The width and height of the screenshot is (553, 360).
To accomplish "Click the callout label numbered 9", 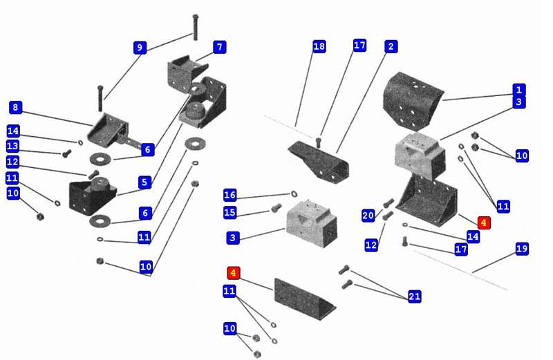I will tap(140, 48).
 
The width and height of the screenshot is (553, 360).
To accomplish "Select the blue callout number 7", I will tap(219, 47).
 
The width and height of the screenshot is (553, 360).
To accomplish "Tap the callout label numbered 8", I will tap(15, 108).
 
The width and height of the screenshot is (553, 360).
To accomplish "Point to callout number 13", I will tap(12, 146).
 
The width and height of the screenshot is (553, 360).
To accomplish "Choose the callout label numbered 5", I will tap(144, 182).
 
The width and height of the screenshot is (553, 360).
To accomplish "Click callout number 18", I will tap(319, 46).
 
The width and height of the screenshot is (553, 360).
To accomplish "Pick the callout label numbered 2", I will tap(391, 46).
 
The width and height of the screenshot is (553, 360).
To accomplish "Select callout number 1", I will tap(518, 90).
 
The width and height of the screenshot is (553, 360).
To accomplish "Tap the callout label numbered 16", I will tap(230, 195).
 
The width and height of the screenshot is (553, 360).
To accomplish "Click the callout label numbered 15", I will tap(230, 212).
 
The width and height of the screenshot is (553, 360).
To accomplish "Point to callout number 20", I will tap(368, 216).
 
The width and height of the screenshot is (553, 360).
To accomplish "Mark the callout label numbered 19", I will tap(522, 249).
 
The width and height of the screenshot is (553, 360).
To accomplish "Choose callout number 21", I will tap(415, 296).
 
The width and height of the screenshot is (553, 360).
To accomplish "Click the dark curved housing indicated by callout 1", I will tap(414, 101).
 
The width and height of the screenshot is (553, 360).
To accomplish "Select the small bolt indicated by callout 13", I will tap(66, 153).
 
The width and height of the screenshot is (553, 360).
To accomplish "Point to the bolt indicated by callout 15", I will tap(276, 207).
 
